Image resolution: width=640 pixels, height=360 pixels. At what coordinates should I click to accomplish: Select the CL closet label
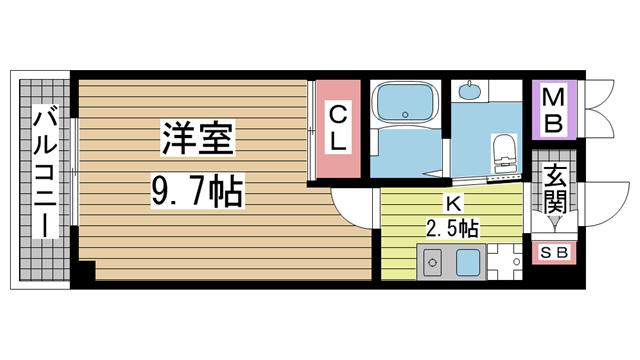tap(338, 129)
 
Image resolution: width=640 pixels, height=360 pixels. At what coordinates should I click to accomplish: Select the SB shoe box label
tap(554, 252)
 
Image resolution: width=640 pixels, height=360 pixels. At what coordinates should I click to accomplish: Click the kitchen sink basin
tap(468, 265)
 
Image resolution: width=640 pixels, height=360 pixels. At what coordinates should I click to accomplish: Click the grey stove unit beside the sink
tap(433, 266)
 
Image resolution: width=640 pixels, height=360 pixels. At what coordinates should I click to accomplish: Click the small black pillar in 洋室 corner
tap(87, 271)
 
